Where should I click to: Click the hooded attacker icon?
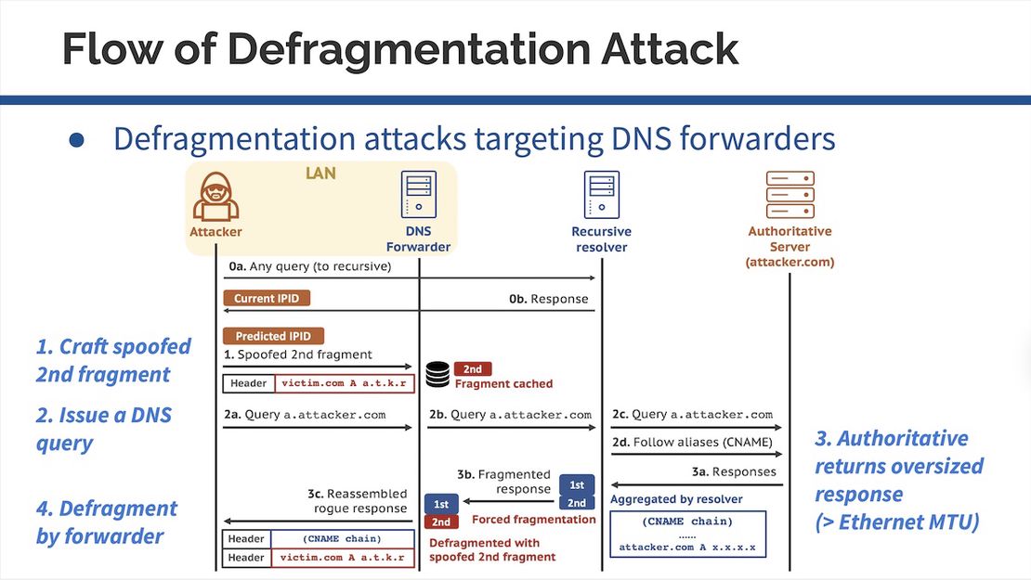[x=215, y=197]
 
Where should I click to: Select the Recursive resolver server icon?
[x=601, y=195]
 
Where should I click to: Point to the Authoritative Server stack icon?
[x=790, y=195]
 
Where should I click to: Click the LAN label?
[x=320, y=174]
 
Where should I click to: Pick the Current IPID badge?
[x=267, y=299]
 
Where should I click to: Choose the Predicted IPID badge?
[x=273, y=336]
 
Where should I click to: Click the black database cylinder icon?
[x=437, y=375]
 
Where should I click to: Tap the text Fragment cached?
[x=503, y=383]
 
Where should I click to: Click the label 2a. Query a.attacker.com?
[x=306, y=415]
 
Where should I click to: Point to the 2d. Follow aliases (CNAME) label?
[x=692, y=442]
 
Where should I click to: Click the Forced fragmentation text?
[x=534, y=520]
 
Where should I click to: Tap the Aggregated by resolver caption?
[x=675, y=499]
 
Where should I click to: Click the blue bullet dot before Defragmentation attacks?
[x=77, y=139]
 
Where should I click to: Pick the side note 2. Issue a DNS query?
[x=104, y=428]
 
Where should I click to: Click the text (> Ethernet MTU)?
[x=897, y=522]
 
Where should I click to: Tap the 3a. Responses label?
[x=732, y=471]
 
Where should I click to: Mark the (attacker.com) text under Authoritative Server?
[x=790, y=263]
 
